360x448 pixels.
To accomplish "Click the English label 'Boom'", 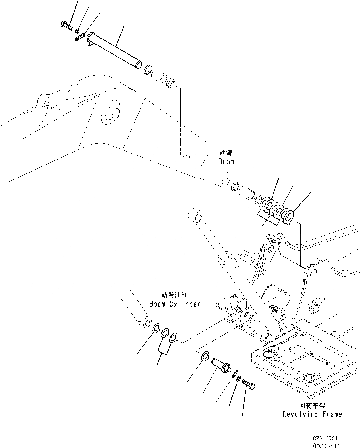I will [226, 162].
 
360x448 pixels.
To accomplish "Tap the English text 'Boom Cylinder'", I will [175, 304].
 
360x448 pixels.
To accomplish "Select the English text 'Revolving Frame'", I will [312, 414].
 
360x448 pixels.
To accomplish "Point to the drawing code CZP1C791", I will [326, 439].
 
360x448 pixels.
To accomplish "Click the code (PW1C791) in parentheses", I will [326, 445].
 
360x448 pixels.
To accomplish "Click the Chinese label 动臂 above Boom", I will [226, 153].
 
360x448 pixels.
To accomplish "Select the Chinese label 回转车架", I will [313, 406].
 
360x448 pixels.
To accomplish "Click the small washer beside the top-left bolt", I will [77, 31].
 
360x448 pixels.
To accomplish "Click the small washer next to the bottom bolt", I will [238, 378].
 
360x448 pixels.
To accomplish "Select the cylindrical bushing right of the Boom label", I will [246, 192].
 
